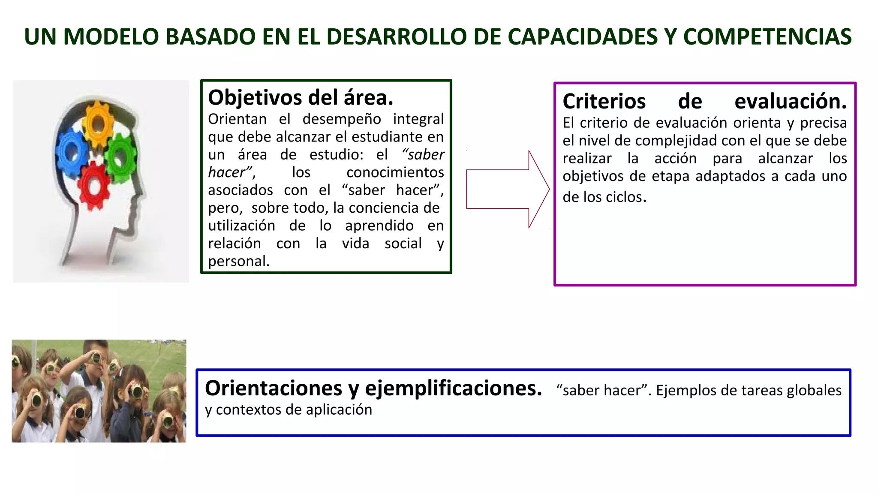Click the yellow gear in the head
pos(98,123)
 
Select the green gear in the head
pos(120,156)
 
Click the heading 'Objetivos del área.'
pos(301,98)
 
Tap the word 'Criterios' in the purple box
pos(604,102)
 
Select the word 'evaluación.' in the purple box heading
pos(791,102)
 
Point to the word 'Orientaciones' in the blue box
pos(274,389)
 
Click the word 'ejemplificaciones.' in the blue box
pos(454,389)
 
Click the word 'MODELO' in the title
pos(111,37)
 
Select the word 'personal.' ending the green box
pos(239,261)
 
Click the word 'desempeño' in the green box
pos(342,119)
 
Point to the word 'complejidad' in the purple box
pos(677,141)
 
